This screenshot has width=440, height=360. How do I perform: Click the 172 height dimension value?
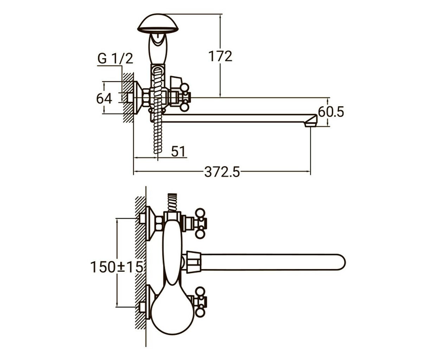(x=220, y=56)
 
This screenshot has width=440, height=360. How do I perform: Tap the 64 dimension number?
(x=104, y=98)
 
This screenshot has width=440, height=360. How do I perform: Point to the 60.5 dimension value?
(x=331, y=112)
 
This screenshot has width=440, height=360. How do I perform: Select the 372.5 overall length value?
(x=222, y=172)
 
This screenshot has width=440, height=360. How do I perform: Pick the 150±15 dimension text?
(x=117, y=267)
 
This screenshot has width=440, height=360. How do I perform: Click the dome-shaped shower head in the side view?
(x=158, y=23)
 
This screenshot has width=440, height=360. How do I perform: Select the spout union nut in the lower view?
(x=194, y=262)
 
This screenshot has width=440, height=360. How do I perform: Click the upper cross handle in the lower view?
(x=201, y=223)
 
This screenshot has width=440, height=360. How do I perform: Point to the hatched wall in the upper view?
(x=128, y=97)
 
